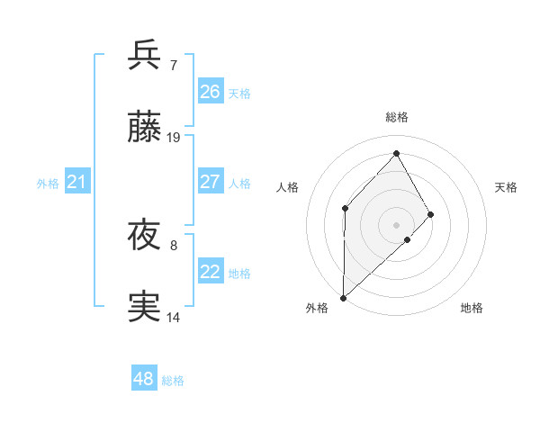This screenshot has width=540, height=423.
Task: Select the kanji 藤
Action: click(x=146, y=129)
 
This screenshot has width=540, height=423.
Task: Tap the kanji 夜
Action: click(x=146, y=236)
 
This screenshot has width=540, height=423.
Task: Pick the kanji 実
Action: click(x=146, y=307)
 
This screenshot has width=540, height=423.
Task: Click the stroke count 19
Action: click(x=174, y=138)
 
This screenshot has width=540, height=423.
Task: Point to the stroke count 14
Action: click(x=174, y=317)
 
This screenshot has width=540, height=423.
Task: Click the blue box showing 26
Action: click(x=211, y=91)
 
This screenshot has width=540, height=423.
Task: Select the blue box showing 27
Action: click(x=211, y=181)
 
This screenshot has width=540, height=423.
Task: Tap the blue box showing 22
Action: click(x=211, y=271)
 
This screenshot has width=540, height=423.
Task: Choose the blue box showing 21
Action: click(x=77, y=182)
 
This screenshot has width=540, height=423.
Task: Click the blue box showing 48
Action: click(x=144, y=379)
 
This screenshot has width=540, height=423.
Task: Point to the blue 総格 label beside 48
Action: click(x=173, y=381)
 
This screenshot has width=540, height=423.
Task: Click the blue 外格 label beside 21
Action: click(x=48, y=184)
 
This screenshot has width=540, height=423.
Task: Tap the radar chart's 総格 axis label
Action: click(x=397, y=117)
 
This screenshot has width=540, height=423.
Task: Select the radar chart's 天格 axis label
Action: click(x=507, y=187)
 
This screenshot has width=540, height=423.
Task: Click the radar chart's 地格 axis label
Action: click(x=472, y=308)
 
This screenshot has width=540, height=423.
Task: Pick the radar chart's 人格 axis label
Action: click(x=287, y=187)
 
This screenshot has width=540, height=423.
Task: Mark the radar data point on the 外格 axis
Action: click(x=343, y=297)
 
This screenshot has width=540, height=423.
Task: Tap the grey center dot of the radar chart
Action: click(x=397, y=224)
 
